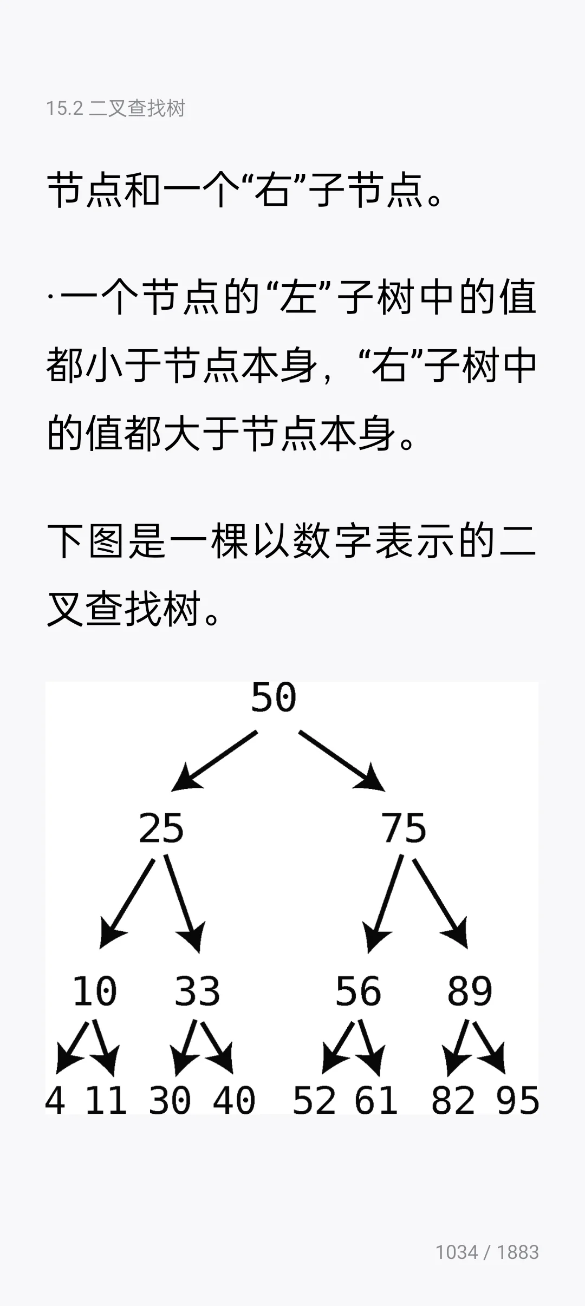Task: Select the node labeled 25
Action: tap(161, 828)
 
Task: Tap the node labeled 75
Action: tap(404, 828)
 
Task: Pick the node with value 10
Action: tap(95, 991)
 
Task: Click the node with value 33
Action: tap(197, 991)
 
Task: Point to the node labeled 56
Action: tap(358, 991)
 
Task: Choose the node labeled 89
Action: tap(470, 991)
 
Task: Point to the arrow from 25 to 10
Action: tap(128, 901)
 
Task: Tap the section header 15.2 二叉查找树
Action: tap(115, 108)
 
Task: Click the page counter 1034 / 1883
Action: tap(487, 1252)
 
